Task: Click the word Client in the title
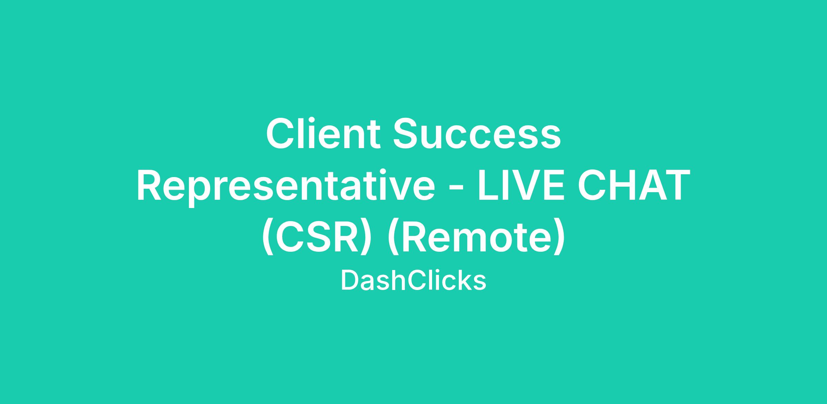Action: (323, 133)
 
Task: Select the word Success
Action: (477, 134)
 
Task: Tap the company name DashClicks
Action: (413, 280)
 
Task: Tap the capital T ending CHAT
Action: (676, 185)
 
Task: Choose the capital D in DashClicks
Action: (350, 280)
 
